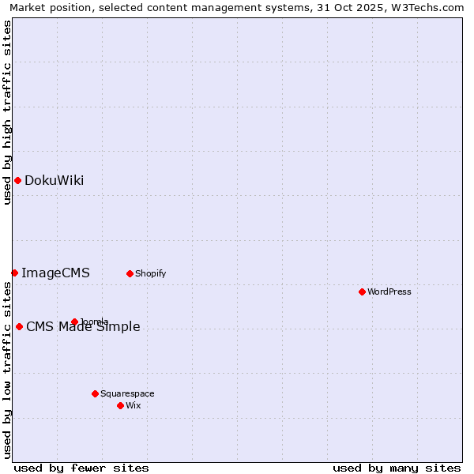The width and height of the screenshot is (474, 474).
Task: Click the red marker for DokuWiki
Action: pyautogui.click(x=17, y=180)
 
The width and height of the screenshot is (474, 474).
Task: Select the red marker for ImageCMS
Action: pyautogui.click(x=14, y=273)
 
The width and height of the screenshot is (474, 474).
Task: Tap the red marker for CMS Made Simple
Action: pyautogui.click(x=19, y=326)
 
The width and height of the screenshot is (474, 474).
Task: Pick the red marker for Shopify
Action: pyautogui.click(x=130, y=273)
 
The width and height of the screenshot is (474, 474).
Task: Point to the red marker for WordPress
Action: pyautogui.click(x=362, y=292)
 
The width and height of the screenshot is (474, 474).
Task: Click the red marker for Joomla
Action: pyautogui.click(x=74, y=322)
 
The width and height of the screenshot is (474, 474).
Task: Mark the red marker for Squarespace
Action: pyautogui.click(x=95, y=393)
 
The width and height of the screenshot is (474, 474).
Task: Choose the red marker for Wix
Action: pyautogui.click(x=120, y=405)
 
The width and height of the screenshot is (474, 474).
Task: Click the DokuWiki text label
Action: pyautogui.click(x=54, y=180)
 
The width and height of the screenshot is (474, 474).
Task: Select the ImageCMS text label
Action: pyautogui.click(x=55, y=273)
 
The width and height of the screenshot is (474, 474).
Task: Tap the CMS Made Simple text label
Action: pyautogui.click(x=83, y=326)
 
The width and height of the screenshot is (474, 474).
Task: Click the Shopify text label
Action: pyautogui.click(x=150, y=273)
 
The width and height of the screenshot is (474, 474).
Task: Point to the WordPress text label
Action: pyautogui.click(x=389, y=292)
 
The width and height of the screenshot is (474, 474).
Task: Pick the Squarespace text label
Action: pyautogui.click(x=127, y=393)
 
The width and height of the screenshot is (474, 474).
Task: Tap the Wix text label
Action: pyautogui.click(x=133, y=405)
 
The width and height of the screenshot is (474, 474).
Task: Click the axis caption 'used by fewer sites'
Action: pyautogui.click(x=81, y=468)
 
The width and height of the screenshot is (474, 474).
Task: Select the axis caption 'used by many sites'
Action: pyautogui.click(x=397, y=468)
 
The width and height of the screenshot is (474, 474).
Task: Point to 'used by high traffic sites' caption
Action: pyautogui.click(x=7, y=112)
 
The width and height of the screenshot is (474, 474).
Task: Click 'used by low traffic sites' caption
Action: pyautogui.click(x=7, y=370)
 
